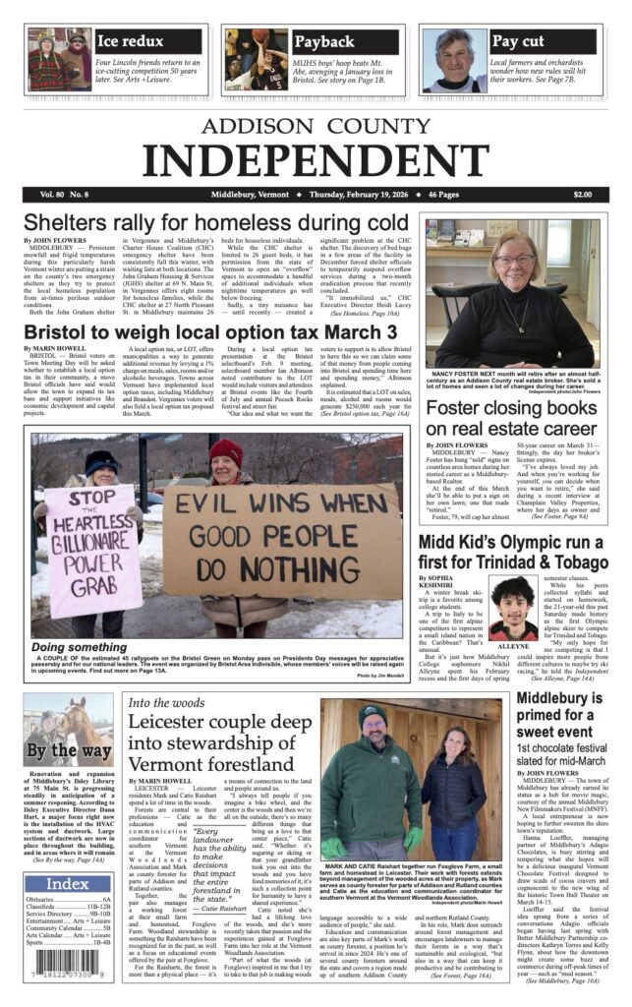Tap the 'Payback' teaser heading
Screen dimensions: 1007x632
[324, 41]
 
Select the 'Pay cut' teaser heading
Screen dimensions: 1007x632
[518, 41]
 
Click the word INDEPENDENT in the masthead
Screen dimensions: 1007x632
[315, 157]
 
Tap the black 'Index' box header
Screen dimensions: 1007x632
[68, 882]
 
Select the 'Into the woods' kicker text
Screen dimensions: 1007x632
[164, 702]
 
